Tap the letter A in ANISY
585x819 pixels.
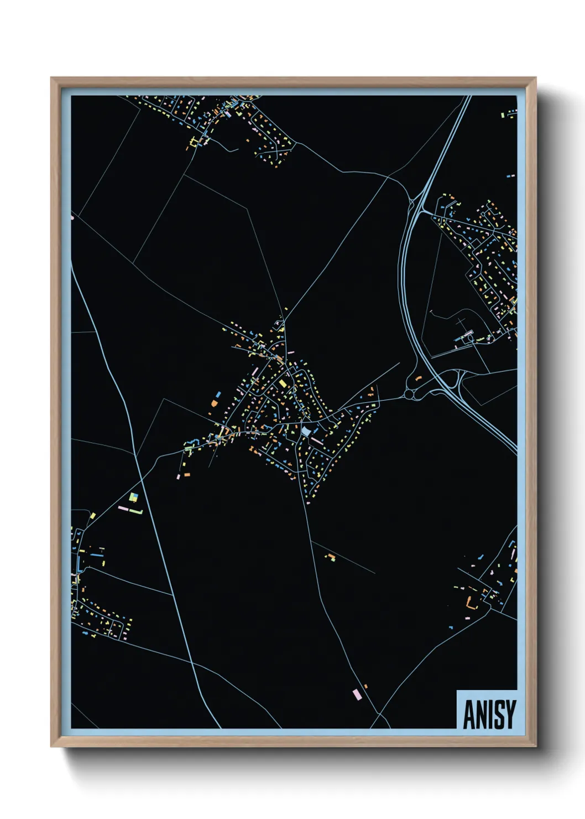[x=469, y=714]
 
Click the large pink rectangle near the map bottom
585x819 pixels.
[x=357, y=694]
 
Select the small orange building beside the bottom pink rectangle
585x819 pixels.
[x=365, y=687]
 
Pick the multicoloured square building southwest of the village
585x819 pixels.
[x=133, y=497]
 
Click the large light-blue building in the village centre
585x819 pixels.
[x=306, y=431]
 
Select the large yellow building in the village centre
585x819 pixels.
[x=283, y=383]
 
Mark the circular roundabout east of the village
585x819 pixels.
[x=410, y=394]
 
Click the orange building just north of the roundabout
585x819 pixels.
[x=418, y=377]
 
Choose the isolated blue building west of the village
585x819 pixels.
[x=218, y=395]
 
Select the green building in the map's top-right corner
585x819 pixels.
[x=504, y=115]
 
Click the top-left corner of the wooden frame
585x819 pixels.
[x=51, y=78]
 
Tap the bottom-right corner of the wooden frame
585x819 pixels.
[x=535, y=746]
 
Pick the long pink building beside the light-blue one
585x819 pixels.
[x=317, y=440]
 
